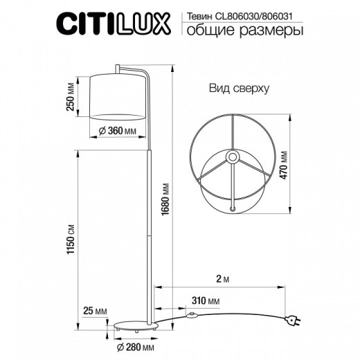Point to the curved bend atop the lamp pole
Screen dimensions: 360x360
143,73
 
